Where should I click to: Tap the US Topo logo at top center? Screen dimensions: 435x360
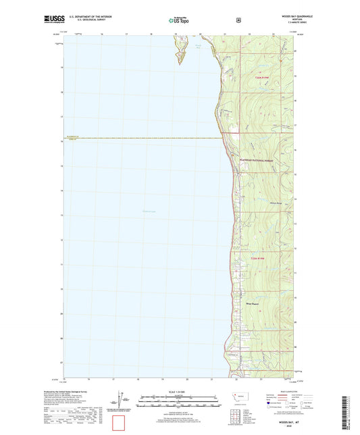[180, 20]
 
